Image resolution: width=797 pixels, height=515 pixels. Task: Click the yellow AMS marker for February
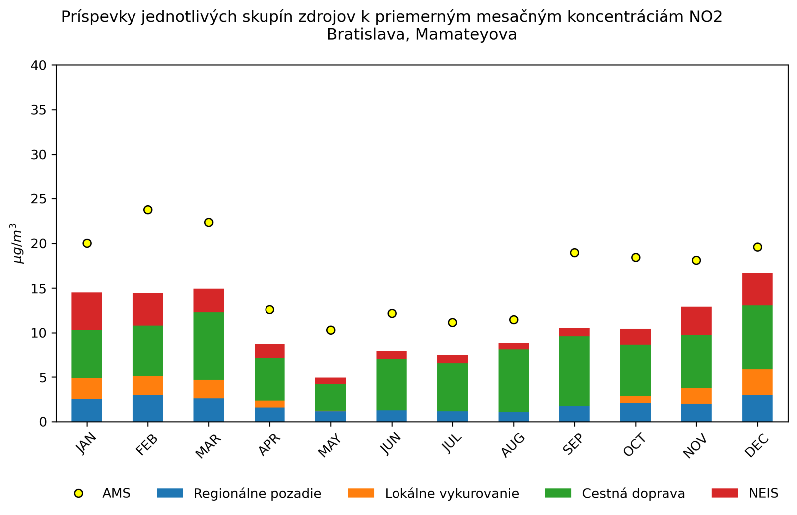148,210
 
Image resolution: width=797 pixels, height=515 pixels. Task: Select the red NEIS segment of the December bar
757,289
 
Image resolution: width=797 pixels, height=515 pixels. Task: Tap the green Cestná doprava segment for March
209,346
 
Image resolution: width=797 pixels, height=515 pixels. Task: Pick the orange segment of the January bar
87,388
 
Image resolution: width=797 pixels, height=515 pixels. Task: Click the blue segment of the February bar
148,408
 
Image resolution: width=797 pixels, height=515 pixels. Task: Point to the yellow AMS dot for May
331,330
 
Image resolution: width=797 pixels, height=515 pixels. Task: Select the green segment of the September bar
574,371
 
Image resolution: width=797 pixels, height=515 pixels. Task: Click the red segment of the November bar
696,321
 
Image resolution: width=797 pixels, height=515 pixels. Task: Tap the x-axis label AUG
513,445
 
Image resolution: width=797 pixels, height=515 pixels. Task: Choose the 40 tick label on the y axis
39,65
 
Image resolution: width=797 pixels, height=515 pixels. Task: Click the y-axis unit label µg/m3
18,243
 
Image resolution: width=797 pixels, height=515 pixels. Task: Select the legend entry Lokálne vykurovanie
452,494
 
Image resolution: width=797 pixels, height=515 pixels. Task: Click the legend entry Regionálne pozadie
257,494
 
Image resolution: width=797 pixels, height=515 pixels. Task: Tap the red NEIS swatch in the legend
724,493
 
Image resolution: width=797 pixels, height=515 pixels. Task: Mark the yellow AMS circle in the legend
78,493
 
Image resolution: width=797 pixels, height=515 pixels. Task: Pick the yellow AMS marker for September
574,253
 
